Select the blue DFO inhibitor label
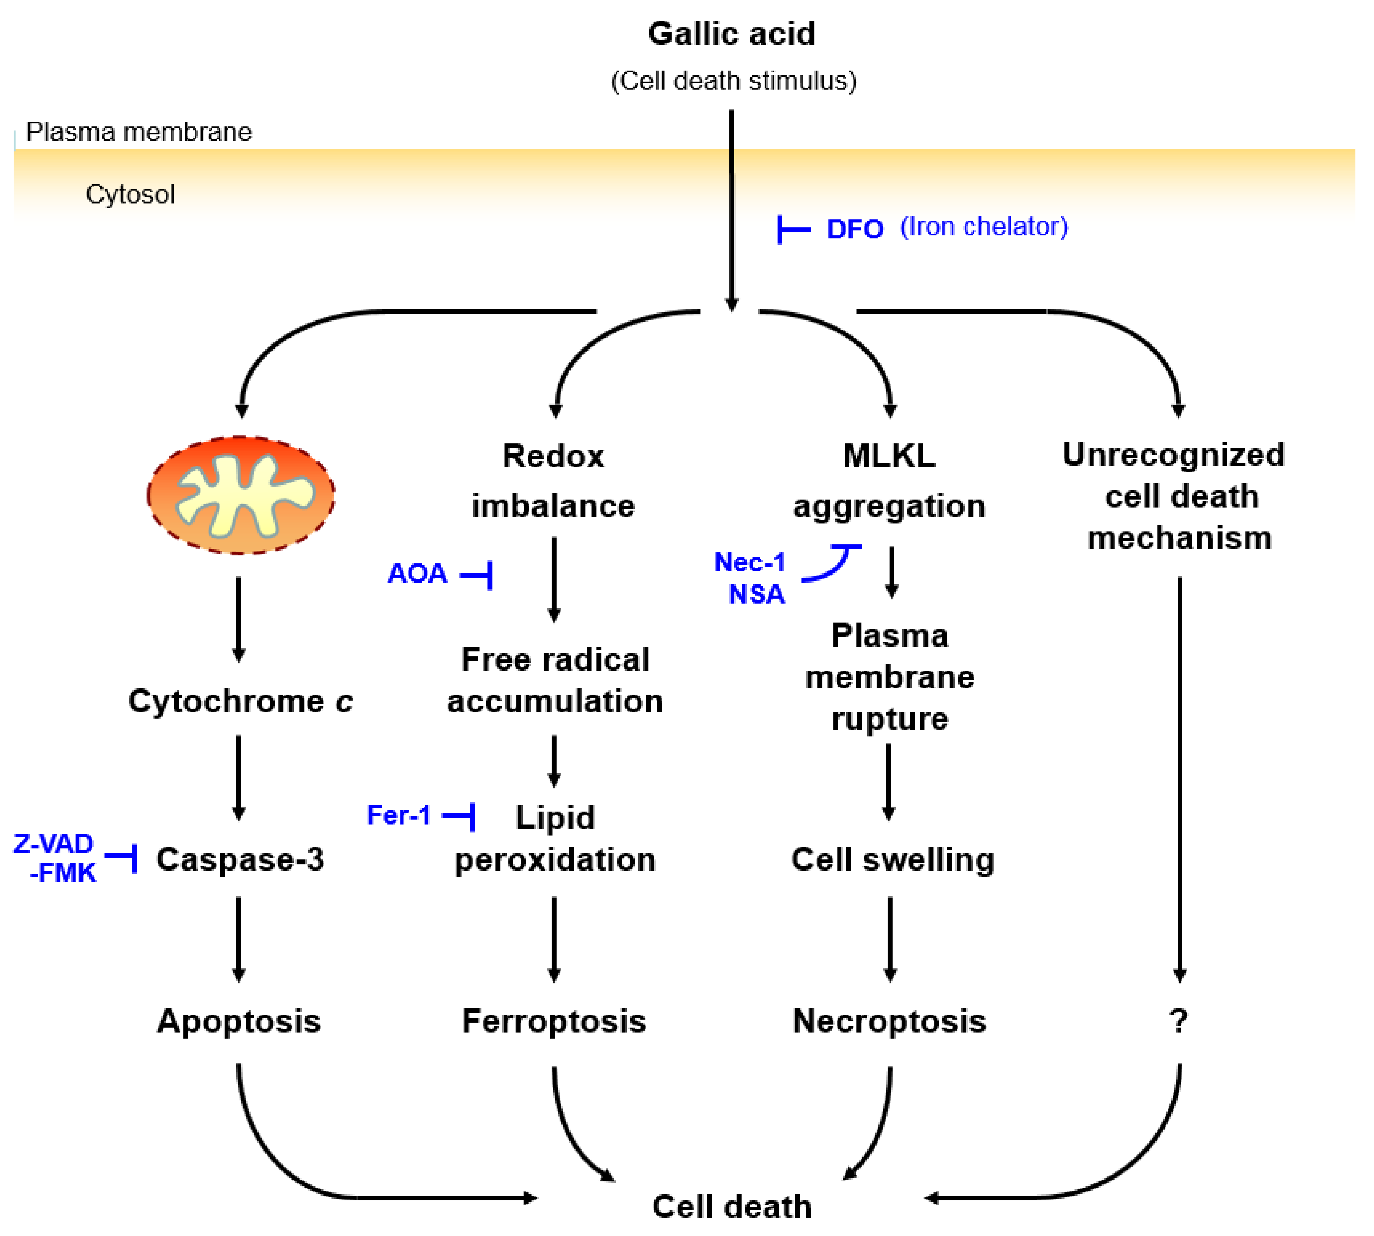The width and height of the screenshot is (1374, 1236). (x=854, y=229)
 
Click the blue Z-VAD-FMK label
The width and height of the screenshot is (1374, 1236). (x=54, y=858)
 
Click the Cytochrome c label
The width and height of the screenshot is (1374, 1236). (x=240, y=701)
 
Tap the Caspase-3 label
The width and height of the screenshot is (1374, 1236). (x=240, y=859)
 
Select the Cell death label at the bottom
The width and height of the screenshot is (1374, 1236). (x=732, y=1206)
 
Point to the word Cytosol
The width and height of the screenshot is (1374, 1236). (x=130, y=194)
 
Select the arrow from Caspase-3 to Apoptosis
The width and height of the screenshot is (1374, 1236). (x=238, y=938)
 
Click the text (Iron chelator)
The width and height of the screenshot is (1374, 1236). (x=983, y=227)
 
